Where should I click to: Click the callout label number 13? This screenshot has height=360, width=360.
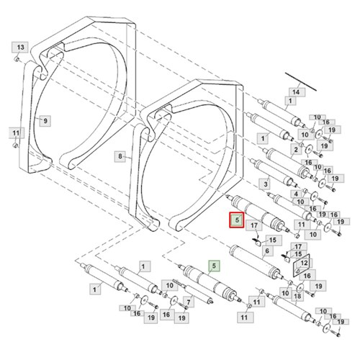20,48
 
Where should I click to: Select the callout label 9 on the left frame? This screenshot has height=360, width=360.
45,121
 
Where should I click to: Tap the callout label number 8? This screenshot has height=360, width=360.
120,156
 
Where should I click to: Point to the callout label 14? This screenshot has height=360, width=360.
297,92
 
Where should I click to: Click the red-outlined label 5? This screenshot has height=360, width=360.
237,220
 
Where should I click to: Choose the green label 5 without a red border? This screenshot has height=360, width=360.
215,266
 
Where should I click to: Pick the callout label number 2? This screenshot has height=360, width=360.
296,150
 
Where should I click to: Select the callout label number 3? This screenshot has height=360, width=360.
266,184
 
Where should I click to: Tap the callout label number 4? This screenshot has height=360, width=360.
296,194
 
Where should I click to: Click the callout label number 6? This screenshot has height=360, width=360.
267,251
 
